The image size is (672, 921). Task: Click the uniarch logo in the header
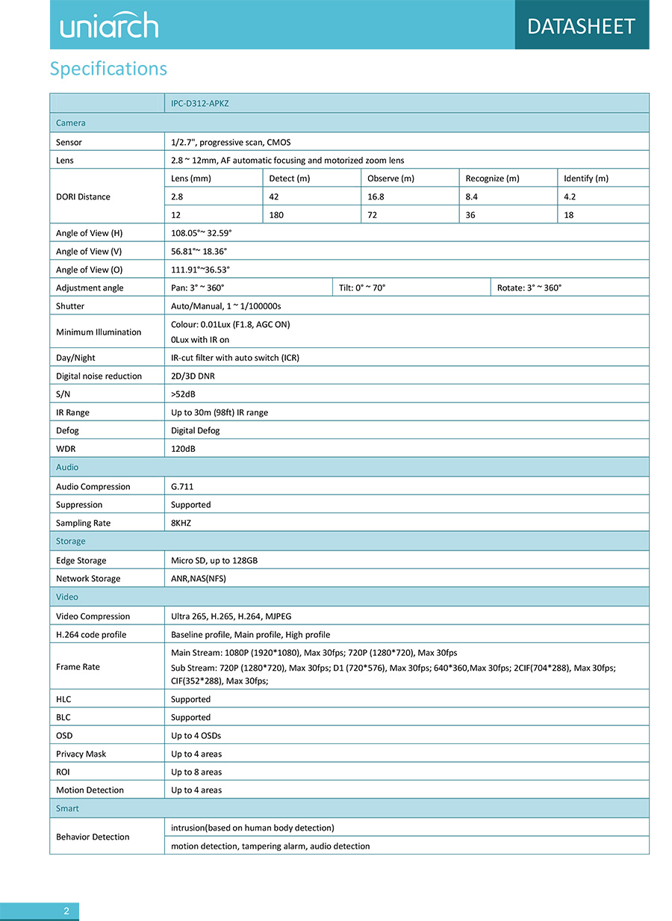click(109, 25)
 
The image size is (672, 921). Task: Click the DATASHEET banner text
click(581, 26)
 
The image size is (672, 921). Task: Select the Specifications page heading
click(108, 69)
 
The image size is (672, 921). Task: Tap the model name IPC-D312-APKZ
click(200, 103)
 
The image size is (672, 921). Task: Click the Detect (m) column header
click(289, 179)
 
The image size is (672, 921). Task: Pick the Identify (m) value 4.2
click(570, 196)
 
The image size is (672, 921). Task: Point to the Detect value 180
click(276, 215)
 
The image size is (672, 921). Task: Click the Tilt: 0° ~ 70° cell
click(362, 288)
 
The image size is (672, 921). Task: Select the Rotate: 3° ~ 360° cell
click(529, 288)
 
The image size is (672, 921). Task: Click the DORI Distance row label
click(83, 196)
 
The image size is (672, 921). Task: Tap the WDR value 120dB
click(184, 449)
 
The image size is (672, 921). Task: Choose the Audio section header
click(67, 468)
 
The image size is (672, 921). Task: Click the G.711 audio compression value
click(182, 486)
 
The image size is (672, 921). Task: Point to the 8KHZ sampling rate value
click(181, 523)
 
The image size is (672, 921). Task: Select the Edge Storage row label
click(81, 560)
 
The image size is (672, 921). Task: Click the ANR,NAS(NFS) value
click(199, 578)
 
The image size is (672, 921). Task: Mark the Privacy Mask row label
click(81, 754)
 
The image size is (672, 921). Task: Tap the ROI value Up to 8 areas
click(196, 772)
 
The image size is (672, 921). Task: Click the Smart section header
click(67, 808)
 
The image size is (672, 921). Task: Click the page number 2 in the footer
click(66, 911)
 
